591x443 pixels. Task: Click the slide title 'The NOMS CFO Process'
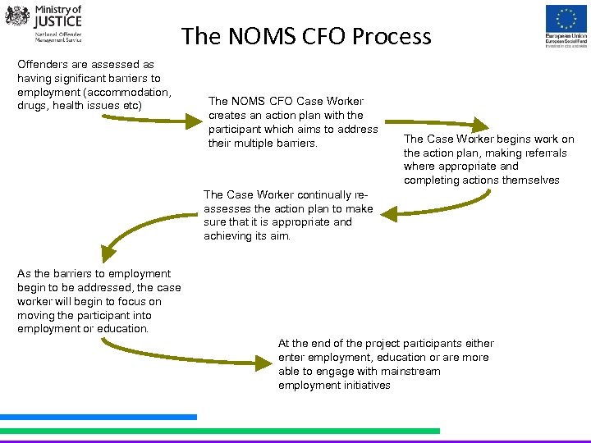(x=306, y=36)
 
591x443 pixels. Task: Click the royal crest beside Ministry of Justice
(x=16, y=16)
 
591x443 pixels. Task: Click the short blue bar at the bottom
(x=98, y=417)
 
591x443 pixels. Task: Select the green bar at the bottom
(x=219, y=430)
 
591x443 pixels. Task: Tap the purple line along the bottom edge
(x=295, y=441)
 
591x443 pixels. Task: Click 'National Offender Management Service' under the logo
(x=58, y=38)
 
